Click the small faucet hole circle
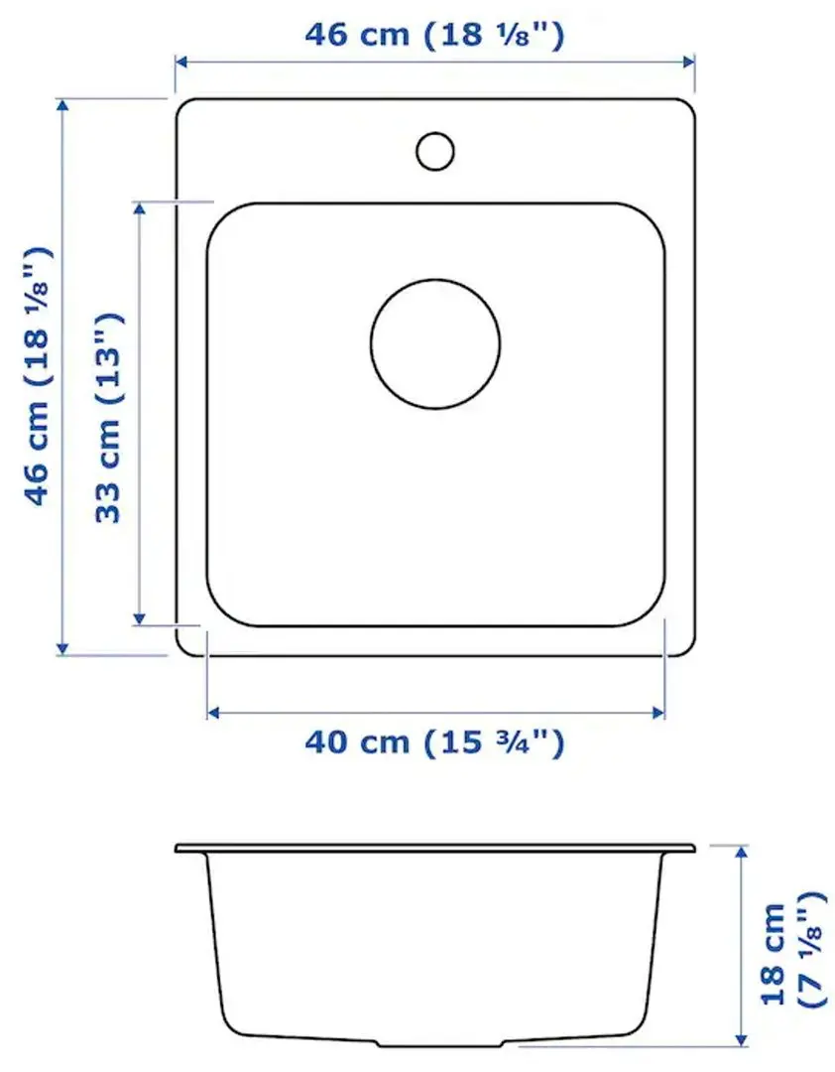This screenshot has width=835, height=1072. [434, 150]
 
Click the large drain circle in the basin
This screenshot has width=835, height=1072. [435, 343]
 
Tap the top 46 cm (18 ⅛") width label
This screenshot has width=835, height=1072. [434, 35]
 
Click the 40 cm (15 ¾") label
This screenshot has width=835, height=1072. [434, 741]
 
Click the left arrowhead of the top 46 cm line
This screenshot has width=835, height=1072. [181, 62]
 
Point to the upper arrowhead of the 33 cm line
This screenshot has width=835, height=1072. [140, 208]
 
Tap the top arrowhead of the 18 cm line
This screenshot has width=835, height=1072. [741, 852]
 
